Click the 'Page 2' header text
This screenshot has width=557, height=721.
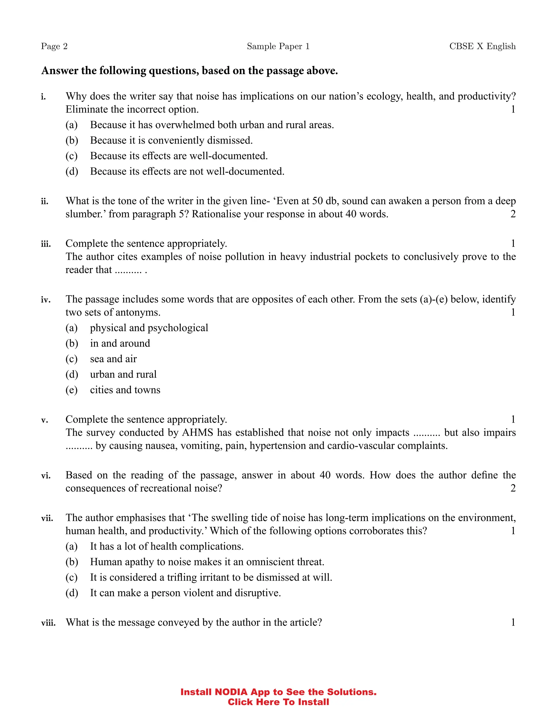click(x=54, y=46)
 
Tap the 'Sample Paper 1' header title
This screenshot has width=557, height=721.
click(x=278, y=46)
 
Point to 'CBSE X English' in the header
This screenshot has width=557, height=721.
click(x=482, y=46)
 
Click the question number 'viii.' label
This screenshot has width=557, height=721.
click(x=48, y=623)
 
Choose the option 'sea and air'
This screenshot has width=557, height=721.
click(x=113, y=359)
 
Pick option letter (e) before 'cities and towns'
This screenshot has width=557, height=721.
click(x=72, y=390)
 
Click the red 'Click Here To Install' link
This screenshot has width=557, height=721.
click(x=278, y=702)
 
